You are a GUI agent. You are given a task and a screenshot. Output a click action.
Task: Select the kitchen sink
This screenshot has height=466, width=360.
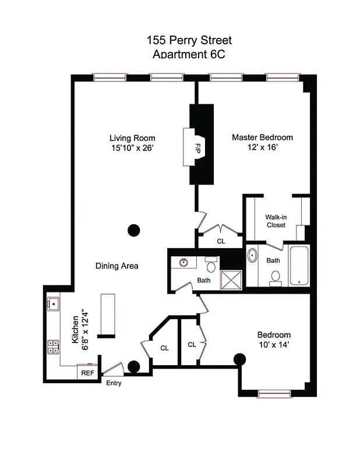pyautogui.click(x=53, y=302)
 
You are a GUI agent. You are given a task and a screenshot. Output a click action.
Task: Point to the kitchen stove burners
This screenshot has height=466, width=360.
pyautogui.click(x=53, y=347)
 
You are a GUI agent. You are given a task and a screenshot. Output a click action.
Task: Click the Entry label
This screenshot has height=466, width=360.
pyautogui.click(x=114, y=383)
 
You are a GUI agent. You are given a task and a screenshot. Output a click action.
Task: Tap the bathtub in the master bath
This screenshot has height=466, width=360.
pyautogui.click(x=299, y=266)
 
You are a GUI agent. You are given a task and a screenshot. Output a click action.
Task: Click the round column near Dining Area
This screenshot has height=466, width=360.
pyautogui.click(x=133, y=230)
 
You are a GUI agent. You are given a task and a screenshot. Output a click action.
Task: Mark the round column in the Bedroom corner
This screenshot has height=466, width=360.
pyautogui.click(x=239, y=359)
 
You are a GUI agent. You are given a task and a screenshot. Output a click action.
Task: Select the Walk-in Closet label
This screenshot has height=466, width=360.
pyautogui.click(x=276, y=220)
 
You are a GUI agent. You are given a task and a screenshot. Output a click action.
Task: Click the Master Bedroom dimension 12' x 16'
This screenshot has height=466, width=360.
pyautogui.click(x=262, y=147)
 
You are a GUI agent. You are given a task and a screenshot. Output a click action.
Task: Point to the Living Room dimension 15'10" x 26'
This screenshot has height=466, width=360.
pyautogui.click(x=132, y=148)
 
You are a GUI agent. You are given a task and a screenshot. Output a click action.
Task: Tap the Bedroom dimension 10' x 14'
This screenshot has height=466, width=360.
pyautogui.click(x=274, y=345)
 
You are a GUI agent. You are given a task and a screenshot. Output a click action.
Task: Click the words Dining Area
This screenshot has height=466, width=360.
pyautogui.click(x=117, y=266)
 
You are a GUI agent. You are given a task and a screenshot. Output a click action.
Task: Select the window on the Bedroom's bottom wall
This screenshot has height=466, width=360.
pyautogui.click(x=274, y=394)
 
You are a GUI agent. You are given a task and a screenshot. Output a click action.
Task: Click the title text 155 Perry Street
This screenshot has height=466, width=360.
pyautogui.click(x=189, y=41)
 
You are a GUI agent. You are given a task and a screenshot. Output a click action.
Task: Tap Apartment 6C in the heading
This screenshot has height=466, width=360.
pyautogui.click(x=189, y=54)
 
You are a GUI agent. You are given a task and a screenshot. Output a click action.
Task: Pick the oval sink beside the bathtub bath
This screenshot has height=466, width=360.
pyautogui.click(x=252, y=255)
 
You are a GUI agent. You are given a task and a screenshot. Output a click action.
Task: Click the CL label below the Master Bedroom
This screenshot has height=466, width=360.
pyautogui.click(x=221, y=241)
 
